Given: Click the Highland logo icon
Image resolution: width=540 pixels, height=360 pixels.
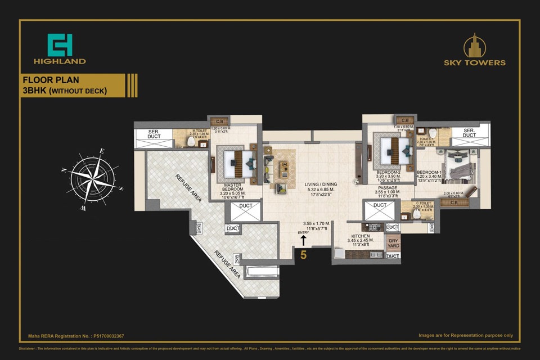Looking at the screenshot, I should [x=59, y=44].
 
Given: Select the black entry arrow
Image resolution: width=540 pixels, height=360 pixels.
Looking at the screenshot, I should [x=303, y=240].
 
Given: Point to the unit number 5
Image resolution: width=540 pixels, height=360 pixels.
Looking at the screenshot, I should [x=303, y=254].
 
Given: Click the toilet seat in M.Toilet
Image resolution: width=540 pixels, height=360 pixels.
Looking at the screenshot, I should [x=191, y=142].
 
